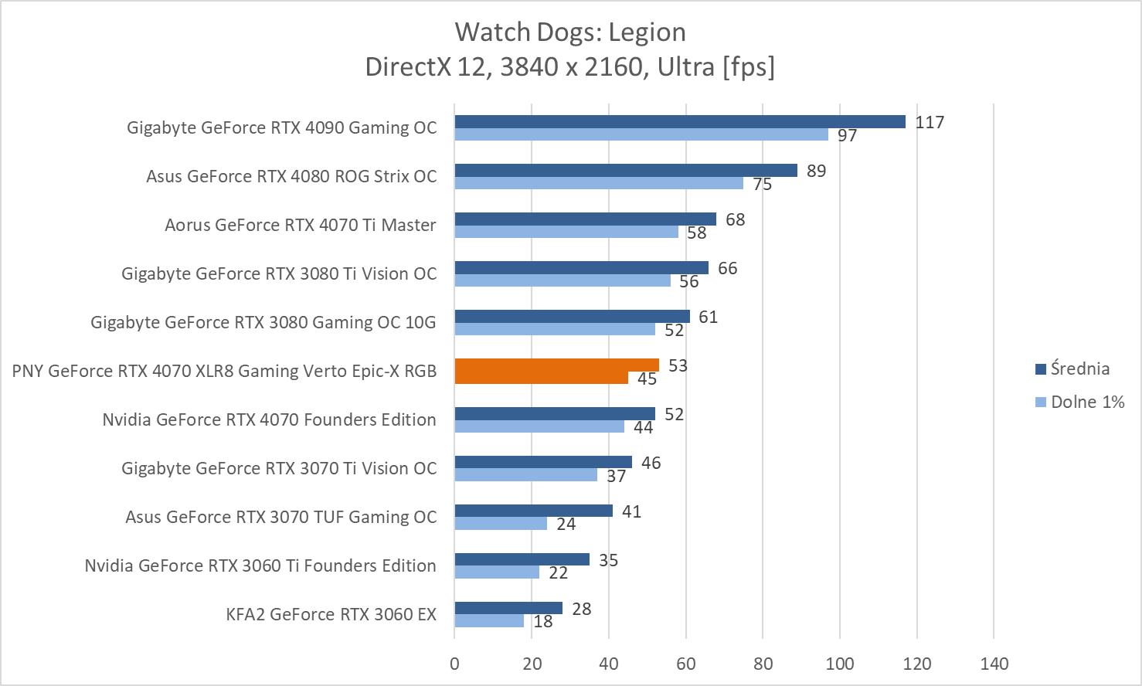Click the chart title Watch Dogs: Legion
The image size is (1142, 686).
(570, 32)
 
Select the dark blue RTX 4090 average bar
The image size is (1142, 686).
(679, 121)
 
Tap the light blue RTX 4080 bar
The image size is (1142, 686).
(598, 183)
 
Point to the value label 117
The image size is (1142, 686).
(930, 122)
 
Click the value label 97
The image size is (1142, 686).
(848, 135)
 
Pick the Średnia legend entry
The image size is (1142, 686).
(1079, 368)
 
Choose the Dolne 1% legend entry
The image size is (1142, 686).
(1087, 402)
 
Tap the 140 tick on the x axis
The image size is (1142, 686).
(994, 664)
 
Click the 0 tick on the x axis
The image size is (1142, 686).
(454, 664)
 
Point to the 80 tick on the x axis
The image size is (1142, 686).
(763, 664)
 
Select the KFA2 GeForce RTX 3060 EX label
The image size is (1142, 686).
(331, 614)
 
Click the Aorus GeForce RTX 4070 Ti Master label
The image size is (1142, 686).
(300, 225)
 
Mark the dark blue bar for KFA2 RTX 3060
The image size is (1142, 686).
(508, 608)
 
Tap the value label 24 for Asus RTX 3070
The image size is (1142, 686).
(566, 524)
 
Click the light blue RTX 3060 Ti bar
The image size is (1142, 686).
(496, 572)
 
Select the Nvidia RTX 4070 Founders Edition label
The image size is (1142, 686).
(269, 419)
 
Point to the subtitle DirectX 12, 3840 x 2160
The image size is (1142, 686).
(570, 67)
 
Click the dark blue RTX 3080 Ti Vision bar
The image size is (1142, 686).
(581, 267)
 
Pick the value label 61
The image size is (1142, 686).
(708, 317)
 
